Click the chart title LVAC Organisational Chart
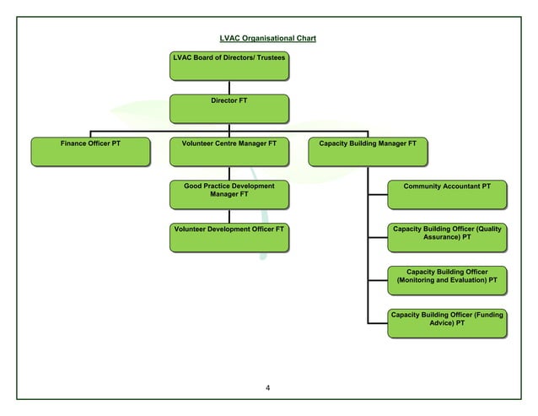[x=267, y=39]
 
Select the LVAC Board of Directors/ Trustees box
[x=229, y=66]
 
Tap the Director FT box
[x=229, y=108]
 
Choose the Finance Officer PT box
[x=90, y=151]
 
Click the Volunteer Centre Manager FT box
[x=229, y=151]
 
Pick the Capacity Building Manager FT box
[x=367, y=151]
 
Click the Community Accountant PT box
[x=447, y=193]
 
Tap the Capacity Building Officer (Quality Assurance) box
[x=447, y=237]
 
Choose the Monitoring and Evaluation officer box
[x=447, y=279]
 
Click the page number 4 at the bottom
[x=267, y=388]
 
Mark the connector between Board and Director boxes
[x=229, y=87]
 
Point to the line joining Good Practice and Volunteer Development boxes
[x=229, y=215]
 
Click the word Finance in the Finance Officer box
[x=74, y=143]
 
